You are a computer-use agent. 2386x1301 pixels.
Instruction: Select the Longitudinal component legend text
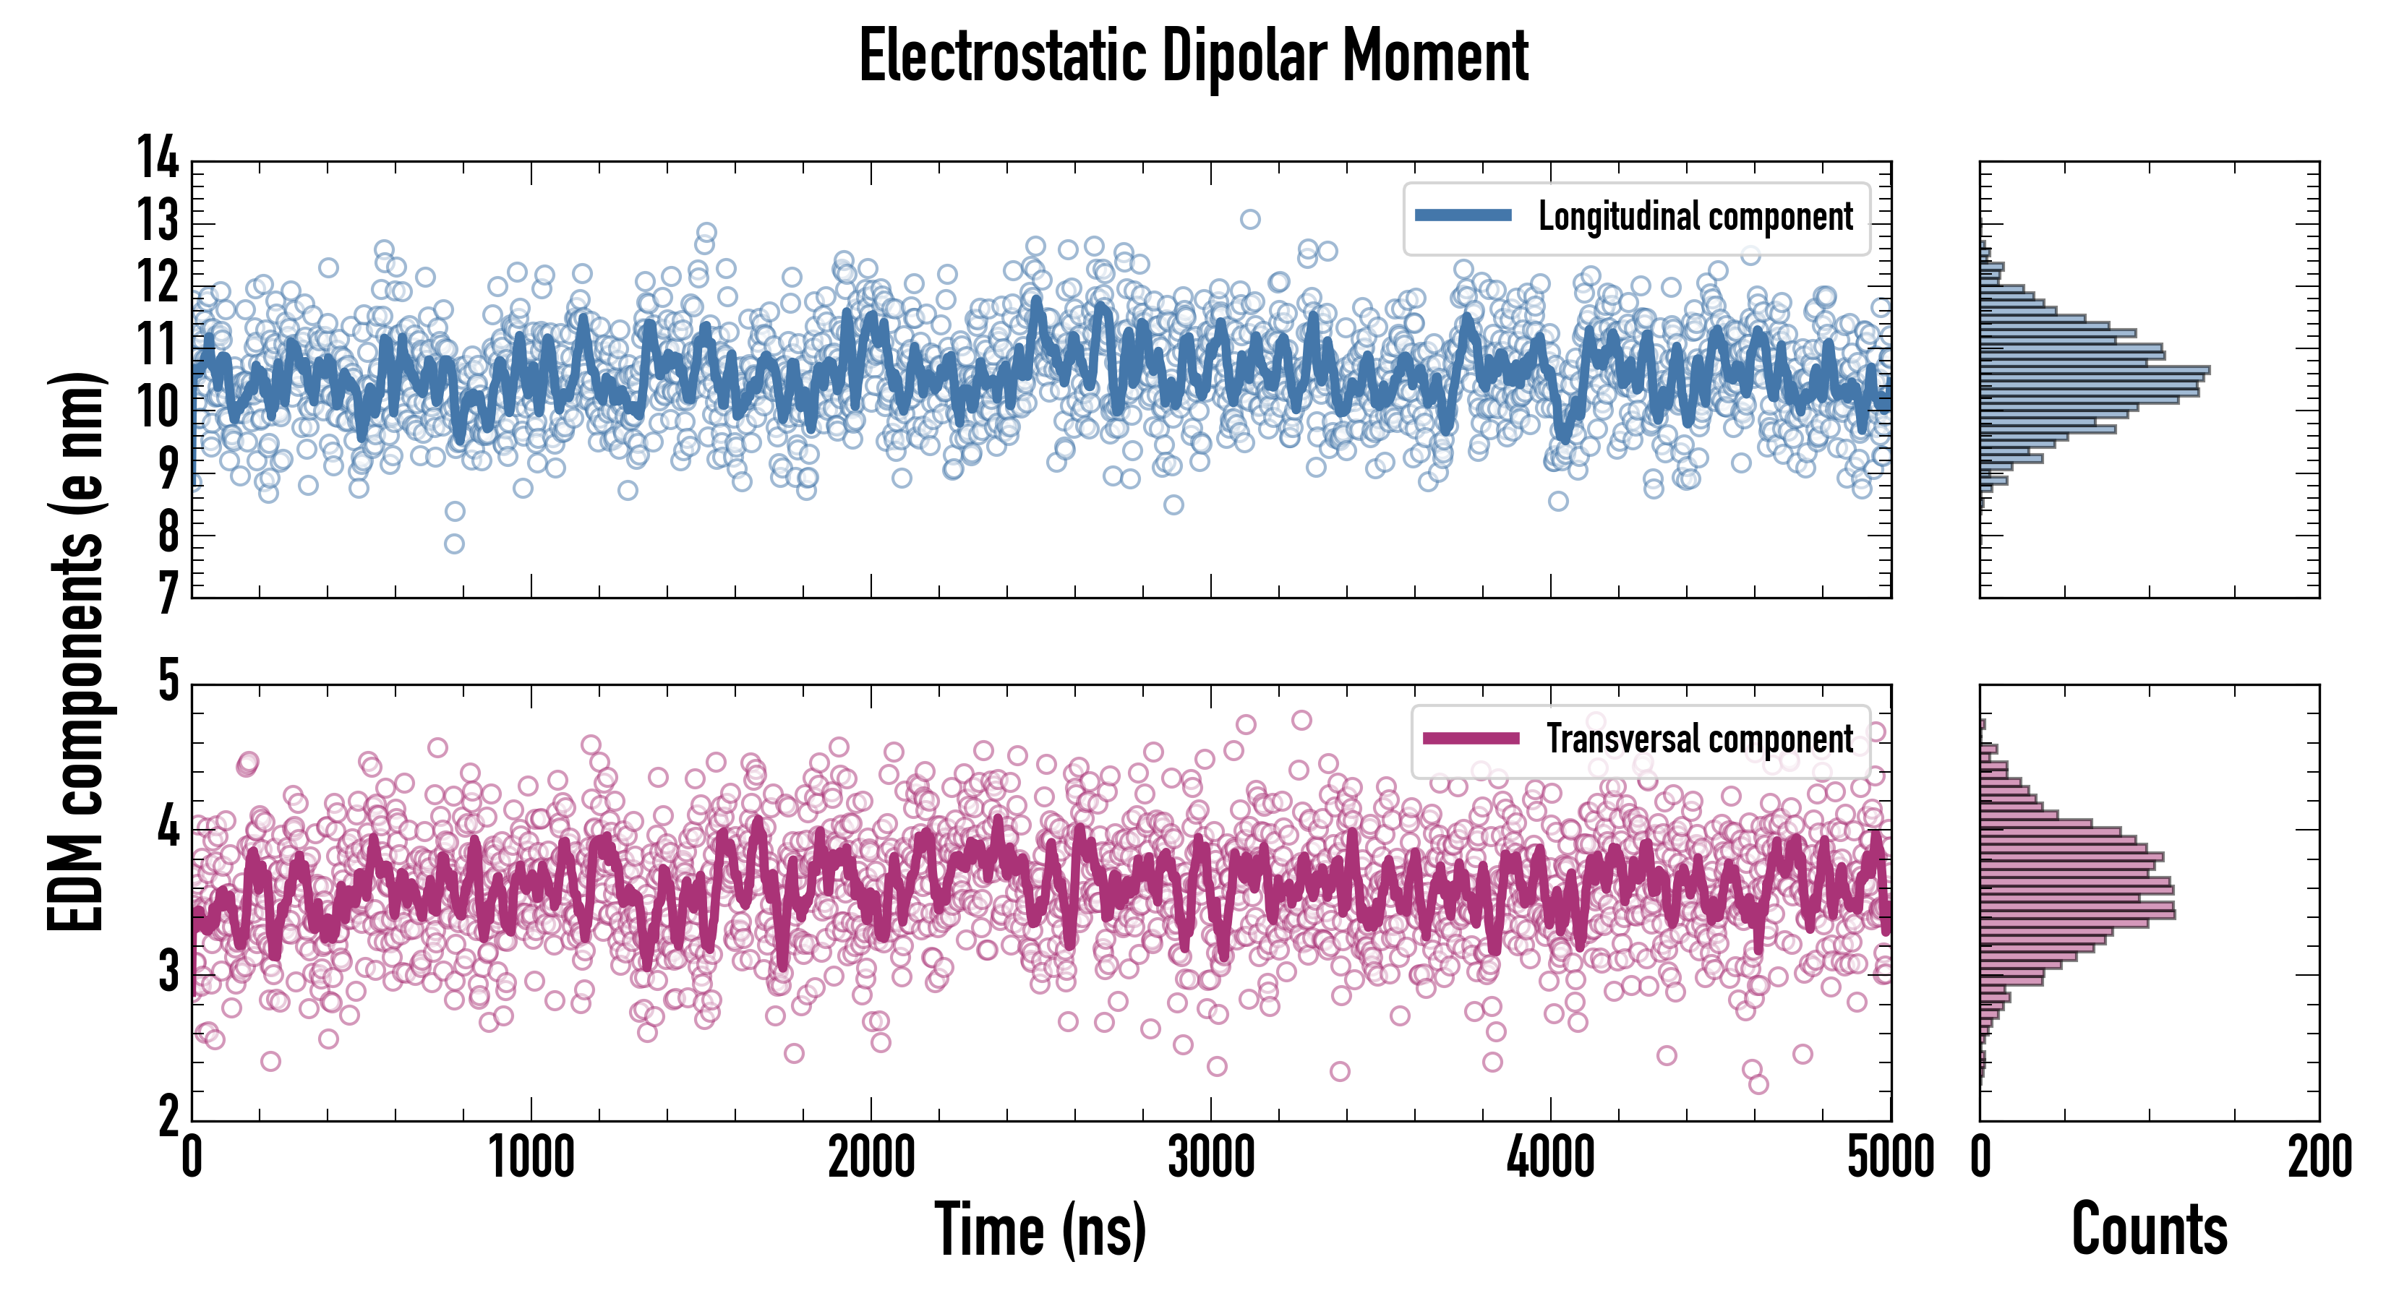(x=1695, y=217)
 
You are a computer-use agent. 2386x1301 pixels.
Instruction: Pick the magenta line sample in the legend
(x=1471, y=738)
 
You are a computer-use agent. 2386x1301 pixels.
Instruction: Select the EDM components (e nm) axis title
(x=76, y=652)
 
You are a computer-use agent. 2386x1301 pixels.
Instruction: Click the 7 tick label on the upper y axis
(x=168, y=593)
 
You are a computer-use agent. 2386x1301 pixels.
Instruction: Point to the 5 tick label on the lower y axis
(x=168, y=682)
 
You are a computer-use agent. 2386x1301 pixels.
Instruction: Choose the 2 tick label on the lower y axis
(x=168, y=1117)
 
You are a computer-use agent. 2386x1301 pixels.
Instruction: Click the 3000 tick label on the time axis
(x=1210, y=1157)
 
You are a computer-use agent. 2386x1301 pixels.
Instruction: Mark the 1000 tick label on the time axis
(x=531, y=1157)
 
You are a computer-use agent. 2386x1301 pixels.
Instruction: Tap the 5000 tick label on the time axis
(x=1889, y=1157)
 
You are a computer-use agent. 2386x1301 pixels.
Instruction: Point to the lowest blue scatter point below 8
(x=454, y=544)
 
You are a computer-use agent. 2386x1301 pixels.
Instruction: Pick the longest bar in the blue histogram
(x=2094, y=370)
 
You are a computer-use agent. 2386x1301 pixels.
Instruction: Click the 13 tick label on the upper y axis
(x=158, y=221)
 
